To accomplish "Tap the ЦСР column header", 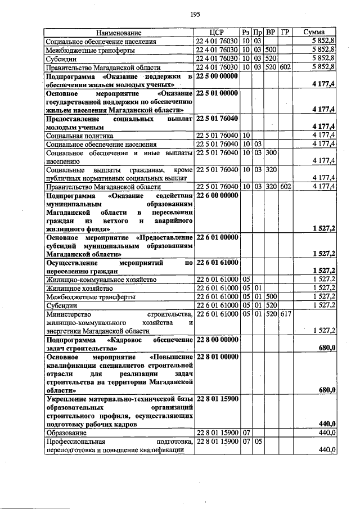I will (x=217, y=33).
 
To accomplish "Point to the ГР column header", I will (x=285, y=33).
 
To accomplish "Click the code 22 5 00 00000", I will (x=217, y=75).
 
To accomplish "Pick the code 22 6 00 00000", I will (x=217, y=195).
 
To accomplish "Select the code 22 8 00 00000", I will (x=217, y=339).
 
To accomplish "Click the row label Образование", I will (x=66, y=433).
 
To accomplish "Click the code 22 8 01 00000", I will (x=217, y=357).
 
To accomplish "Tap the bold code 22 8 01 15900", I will (x=217, y=399).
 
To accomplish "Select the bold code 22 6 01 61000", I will (x=217, y=262).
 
